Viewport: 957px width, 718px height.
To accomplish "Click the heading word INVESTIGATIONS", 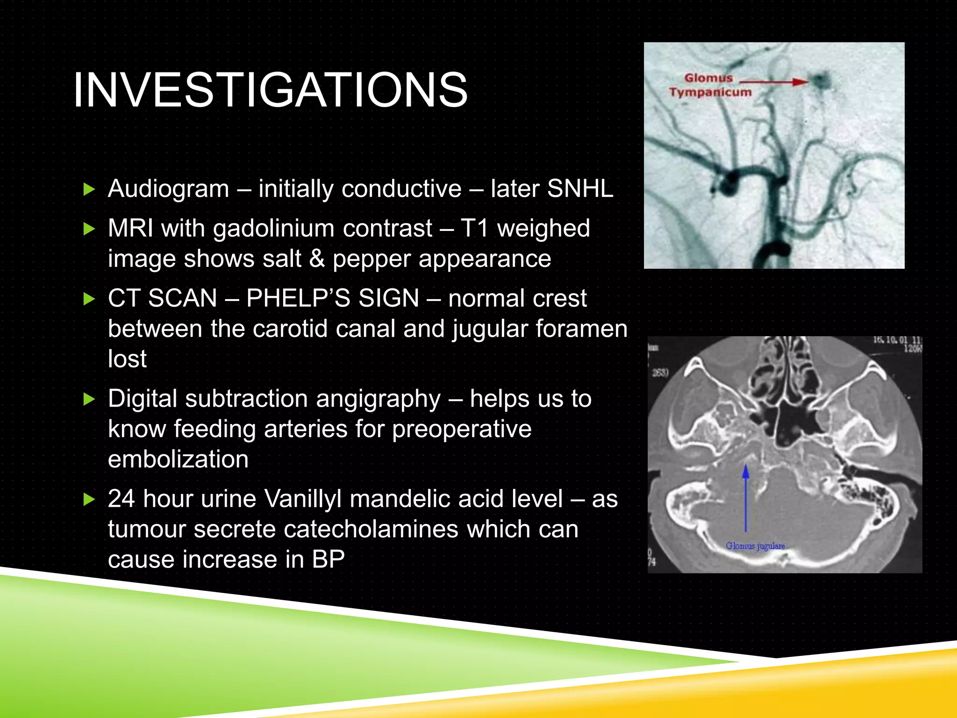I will pos(270,90).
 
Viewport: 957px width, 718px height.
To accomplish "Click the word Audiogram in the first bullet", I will pos(168,189).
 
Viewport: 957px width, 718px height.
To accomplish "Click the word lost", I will pos(127,359).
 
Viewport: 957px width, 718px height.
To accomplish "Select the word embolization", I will pos(178,459).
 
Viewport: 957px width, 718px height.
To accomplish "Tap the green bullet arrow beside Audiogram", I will pos(89,189).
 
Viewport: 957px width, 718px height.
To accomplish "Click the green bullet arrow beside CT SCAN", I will pos(89,299).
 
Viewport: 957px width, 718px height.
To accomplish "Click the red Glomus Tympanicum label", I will pos(709,85).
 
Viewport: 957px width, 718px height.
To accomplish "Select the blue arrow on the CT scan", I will pos(746,498).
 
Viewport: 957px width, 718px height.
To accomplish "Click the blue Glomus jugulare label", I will pos(755,546).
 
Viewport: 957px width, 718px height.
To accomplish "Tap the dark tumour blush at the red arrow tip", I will pos(820,81).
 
